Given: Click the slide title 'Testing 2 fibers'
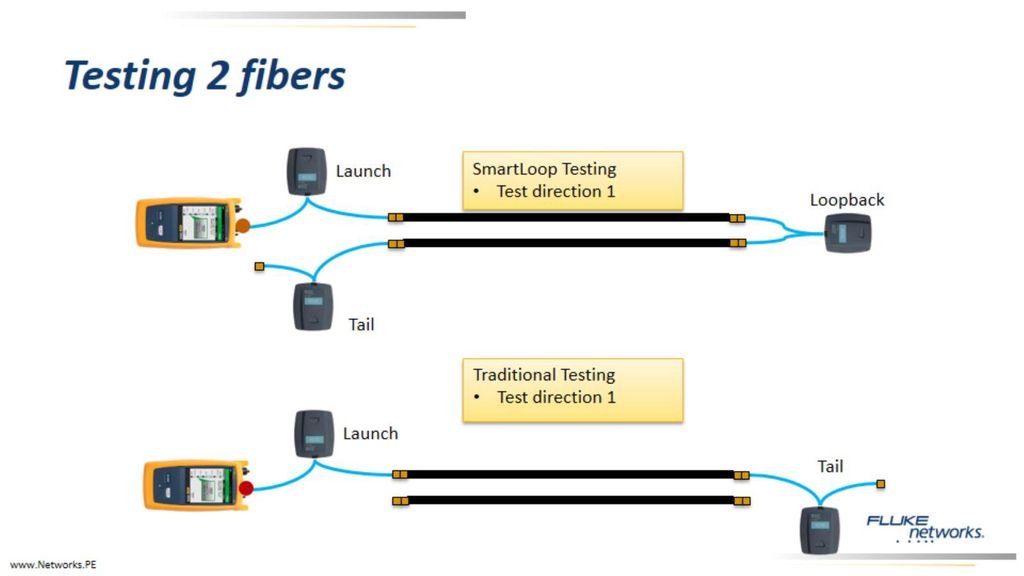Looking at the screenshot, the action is (x=204, y=76).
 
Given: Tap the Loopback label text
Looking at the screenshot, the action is (x=847, y=200).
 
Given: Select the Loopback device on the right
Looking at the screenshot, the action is (x=848, y=233).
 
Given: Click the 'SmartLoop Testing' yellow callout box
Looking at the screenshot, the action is (x=573, y=180).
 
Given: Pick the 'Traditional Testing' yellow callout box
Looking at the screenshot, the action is (x=573, y=390).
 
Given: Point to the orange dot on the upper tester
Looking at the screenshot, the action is (x=242, y=227).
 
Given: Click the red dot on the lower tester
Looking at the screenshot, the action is (x=246, y=488).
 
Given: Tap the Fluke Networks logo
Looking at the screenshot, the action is (x=925, y=528).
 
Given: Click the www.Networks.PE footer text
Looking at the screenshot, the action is (x=53, y=565).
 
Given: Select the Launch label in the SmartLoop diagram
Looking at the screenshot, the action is (x=363, y=171).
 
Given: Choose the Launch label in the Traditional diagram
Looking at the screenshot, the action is (x=370, y=434).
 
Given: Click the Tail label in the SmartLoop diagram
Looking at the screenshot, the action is (x=361, y=325).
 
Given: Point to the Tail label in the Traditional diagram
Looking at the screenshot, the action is (x=830, y=466).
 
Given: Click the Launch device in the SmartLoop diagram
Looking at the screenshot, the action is (x=306, y=171).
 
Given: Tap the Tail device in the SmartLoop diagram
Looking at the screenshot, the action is (x=313, y=306).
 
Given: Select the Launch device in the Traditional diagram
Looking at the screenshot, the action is (x=314, y=434).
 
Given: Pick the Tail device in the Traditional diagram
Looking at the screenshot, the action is (x=820, y=530).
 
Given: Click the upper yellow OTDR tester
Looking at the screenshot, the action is (x=189, y=223).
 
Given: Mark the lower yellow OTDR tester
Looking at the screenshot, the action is (x=196, y=485).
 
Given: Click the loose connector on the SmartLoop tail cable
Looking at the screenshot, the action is (x=259, y=266).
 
